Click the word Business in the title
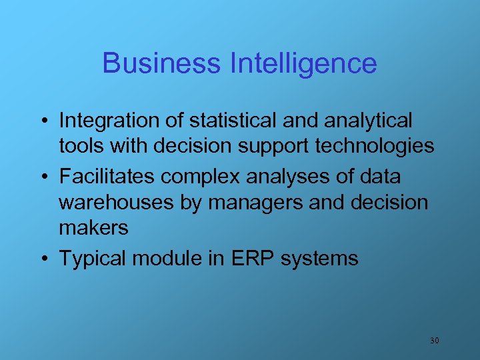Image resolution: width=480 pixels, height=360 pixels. pyautogui.click(x=162, y=64)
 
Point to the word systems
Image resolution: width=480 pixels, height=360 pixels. pyautogui.click(x=319, y=259)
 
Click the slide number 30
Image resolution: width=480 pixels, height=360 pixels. pyautogui.click(x=434, y=341)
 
